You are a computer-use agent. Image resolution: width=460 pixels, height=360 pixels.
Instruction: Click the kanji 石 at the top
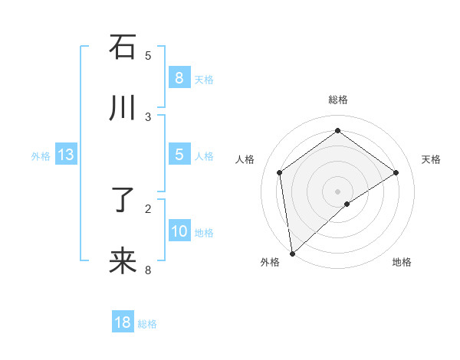(123, 47)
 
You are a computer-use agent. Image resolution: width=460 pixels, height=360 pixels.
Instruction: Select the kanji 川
(123, 109)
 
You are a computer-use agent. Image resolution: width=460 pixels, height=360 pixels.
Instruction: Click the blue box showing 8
(179, 78)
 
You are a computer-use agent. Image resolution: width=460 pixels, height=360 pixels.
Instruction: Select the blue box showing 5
(179, 155)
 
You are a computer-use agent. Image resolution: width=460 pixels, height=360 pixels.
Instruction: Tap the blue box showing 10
(179, 231)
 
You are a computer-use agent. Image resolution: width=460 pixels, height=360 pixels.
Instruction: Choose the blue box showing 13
(66, 155)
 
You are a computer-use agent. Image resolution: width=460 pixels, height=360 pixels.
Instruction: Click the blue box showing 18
(123, 322)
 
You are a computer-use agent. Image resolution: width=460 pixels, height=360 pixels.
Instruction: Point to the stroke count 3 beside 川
(148, 116)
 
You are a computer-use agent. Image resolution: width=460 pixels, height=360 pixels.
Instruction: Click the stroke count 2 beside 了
(148, 208)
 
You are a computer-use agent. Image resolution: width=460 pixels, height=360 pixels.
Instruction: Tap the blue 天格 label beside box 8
(204, 80)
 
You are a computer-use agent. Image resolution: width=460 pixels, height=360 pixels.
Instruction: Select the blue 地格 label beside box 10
(204, 233)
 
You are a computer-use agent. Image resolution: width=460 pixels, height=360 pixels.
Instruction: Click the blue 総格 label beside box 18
(147, 324)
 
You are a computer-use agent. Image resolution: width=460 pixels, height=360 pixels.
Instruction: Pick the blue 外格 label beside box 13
(41, 156)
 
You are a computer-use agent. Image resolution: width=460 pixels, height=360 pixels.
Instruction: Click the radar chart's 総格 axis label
(337, 100)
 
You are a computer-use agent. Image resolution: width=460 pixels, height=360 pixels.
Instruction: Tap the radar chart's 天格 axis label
(431, 159)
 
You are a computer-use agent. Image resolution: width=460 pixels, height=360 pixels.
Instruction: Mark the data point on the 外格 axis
(291, 253)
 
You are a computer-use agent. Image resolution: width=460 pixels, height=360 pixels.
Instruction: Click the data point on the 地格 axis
(347, 204)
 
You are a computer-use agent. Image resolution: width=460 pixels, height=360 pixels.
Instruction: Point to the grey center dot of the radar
(337, 191)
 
